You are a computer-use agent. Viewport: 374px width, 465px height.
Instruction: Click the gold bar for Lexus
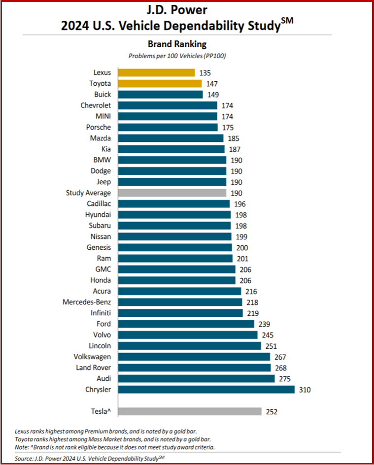(x=157, y=73)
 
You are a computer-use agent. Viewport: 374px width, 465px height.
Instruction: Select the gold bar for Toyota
(x=160, y=84)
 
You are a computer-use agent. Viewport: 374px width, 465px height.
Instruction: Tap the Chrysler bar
(x=206, y=390)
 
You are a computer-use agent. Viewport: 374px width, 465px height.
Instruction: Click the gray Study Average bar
(x=172, y=193)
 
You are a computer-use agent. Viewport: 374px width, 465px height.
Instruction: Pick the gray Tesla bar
(x=190, y=411)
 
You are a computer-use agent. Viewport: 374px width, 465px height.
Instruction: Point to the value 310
(x=305, y=390)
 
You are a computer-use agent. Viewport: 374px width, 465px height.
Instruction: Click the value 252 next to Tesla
(x=271, y=411)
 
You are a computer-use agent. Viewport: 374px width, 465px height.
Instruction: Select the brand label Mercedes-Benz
(x=87, y=302)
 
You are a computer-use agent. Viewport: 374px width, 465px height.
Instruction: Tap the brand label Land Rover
(x=94, y=367)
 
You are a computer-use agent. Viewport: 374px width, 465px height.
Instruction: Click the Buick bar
(x=160, y=95)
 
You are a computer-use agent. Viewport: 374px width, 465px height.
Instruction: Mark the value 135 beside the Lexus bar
(x=205, y=73)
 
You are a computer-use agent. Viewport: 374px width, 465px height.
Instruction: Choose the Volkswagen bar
(x=194, y=357)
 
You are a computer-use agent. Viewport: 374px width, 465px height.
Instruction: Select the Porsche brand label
(x=98, y=127)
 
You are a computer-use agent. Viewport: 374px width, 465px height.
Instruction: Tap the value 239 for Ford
(x=264, y=324)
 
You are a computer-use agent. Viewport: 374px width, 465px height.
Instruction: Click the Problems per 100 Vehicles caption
(x=177, y=56)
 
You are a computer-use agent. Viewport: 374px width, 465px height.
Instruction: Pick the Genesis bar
(x=175, y=248)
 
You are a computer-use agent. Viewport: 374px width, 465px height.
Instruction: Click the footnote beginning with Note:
(x=115, y=447)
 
